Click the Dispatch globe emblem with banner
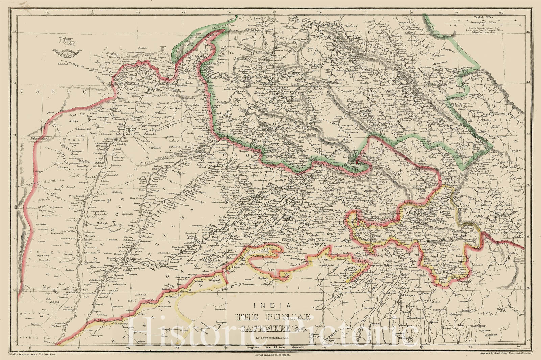[67, 52]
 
